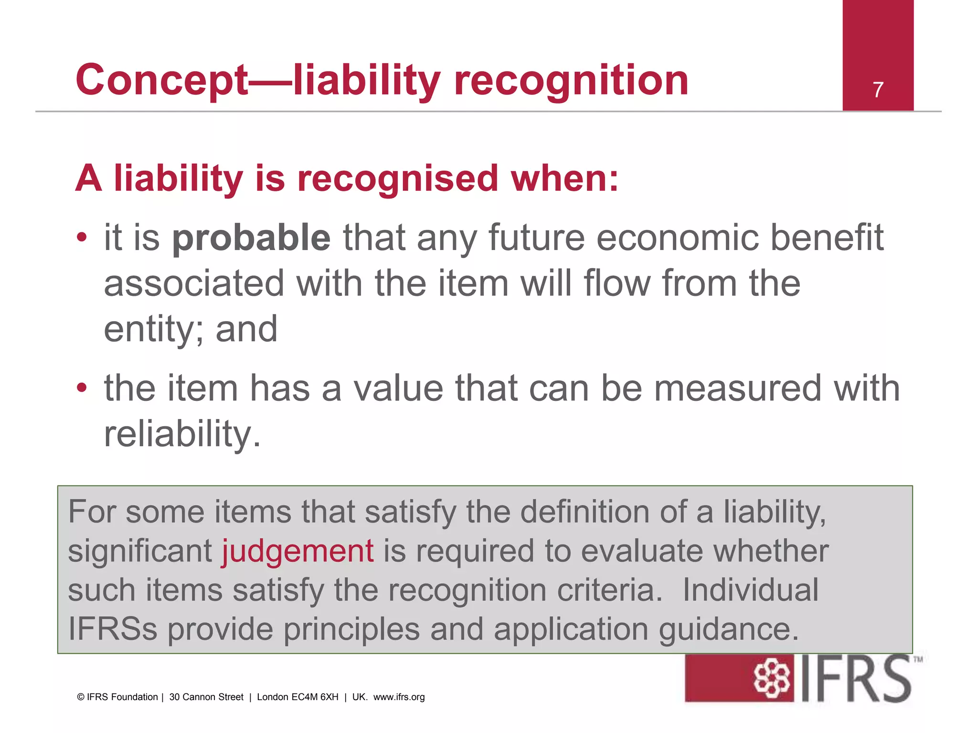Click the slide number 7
878,90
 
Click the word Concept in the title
162,80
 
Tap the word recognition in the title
571,80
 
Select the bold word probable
251,238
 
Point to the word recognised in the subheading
398,178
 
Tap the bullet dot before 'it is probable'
82,237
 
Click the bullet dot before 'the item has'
82,387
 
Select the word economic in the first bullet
678,238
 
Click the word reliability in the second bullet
182,434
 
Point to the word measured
737,388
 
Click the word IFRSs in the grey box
113,629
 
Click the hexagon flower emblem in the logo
771,679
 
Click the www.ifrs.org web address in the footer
399,697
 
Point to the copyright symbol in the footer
81,697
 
